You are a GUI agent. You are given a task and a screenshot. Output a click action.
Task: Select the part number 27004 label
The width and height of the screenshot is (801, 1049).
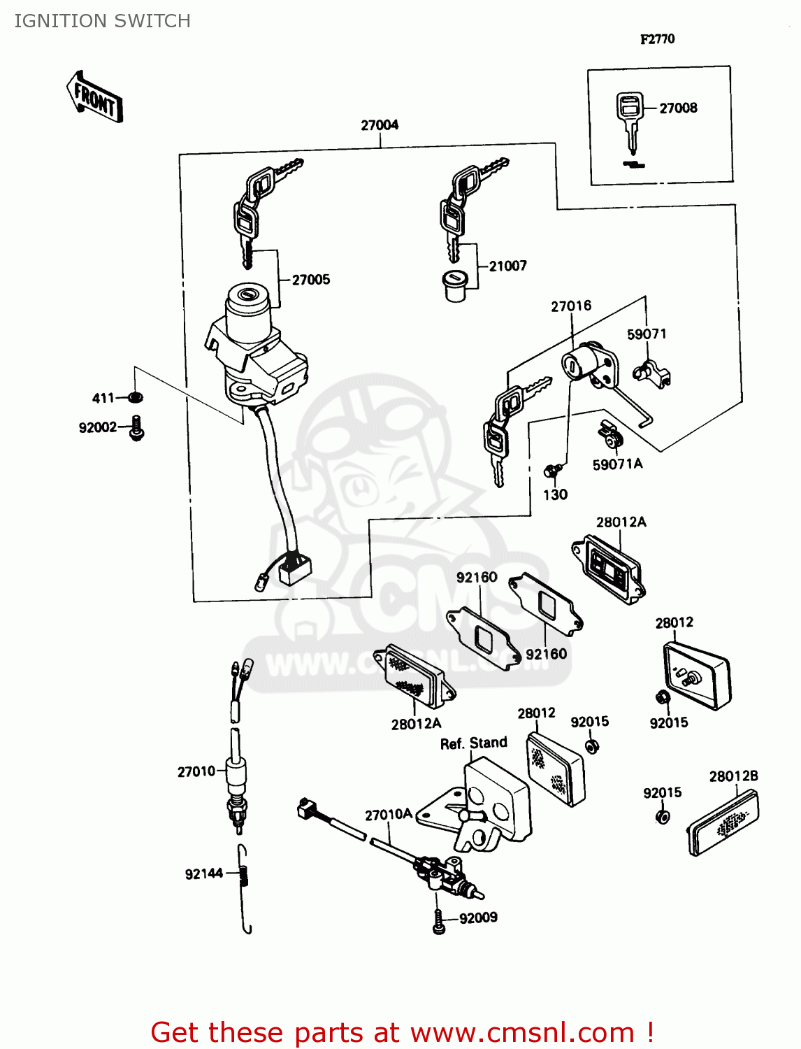click(380, 125)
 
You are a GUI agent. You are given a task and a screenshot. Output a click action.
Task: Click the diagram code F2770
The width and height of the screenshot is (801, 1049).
click(657, 39)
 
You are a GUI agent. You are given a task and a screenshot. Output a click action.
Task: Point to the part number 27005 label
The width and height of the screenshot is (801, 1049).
click(310, 280)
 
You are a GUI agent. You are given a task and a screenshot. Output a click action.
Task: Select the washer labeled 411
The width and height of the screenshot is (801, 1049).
click(136, 397)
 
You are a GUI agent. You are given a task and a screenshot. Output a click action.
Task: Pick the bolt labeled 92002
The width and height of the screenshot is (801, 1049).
click(137, 427)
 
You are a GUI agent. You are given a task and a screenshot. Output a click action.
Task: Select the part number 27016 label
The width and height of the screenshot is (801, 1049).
click(571, 306)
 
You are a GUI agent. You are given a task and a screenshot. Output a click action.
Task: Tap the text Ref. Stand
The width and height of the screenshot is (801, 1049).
click(473, 743)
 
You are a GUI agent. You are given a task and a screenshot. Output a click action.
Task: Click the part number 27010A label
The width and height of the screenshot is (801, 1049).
click(388, 815)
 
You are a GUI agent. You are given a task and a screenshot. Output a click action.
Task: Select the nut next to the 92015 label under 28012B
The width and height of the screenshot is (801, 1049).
click(663, 817)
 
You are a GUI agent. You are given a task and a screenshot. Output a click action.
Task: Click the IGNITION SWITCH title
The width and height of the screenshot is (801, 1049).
click(103, 21)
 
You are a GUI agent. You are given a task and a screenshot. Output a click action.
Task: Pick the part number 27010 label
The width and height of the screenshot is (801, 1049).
click(196, 771)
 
